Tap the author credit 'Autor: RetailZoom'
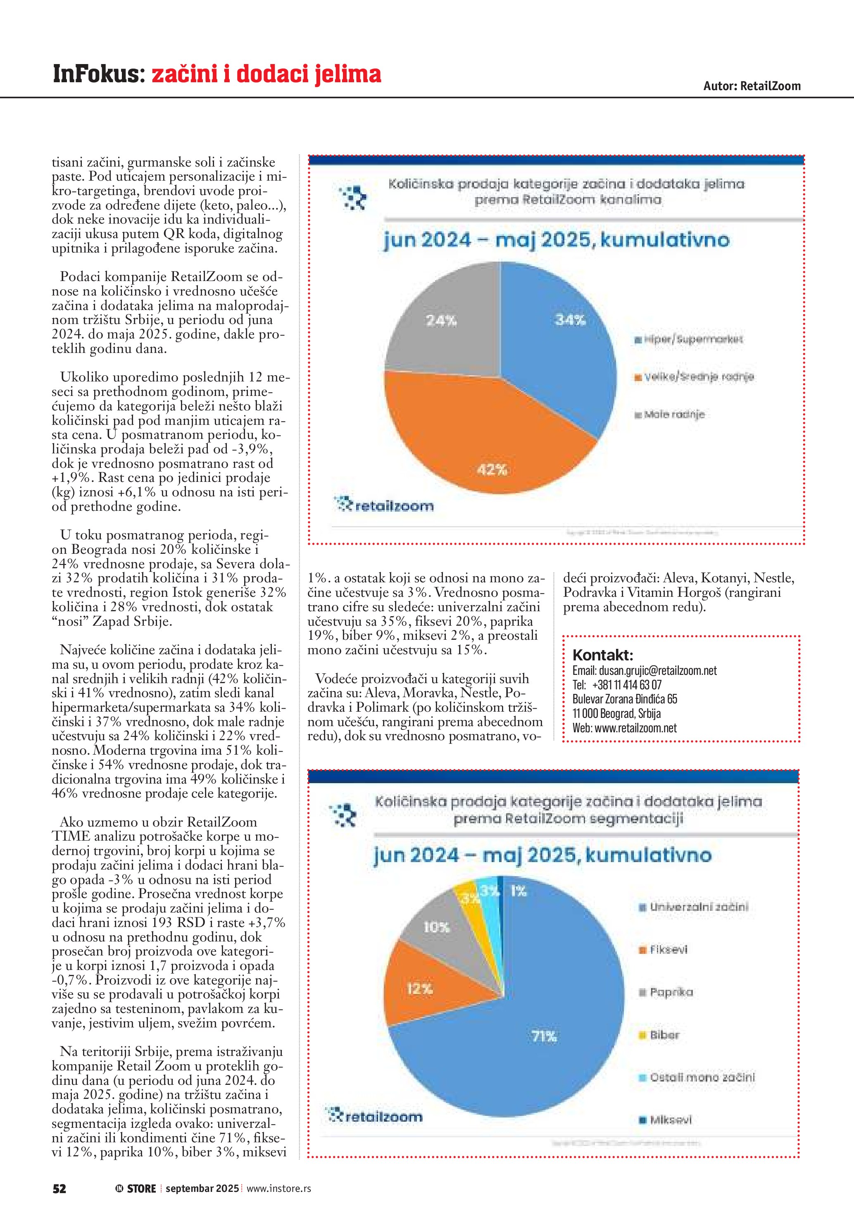tap(752, 86)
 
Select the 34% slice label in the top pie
tap(570, 320)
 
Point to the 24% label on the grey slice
tap(441, 320)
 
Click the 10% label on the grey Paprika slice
tap(436, 927)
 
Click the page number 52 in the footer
tap(59, 1189)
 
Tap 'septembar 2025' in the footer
tap(202, 1189)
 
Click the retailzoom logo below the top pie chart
tap(385, 505)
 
